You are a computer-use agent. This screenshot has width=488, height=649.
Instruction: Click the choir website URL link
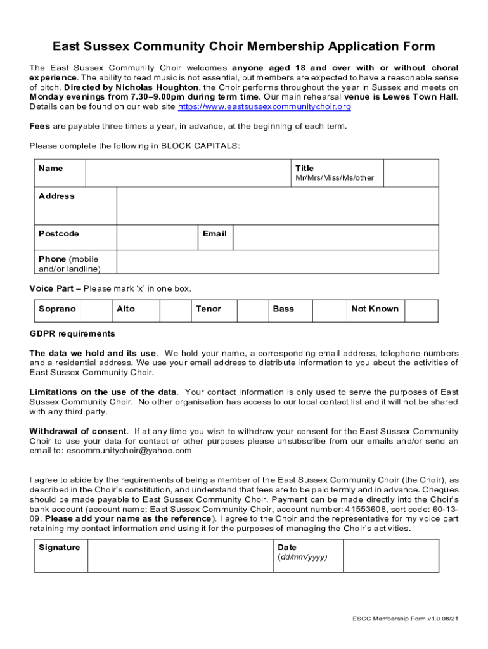264,107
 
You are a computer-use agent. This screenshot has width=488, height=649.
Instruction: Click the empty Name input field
188,173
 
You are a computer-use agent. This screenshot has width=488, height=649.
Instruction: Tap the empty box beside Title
411,173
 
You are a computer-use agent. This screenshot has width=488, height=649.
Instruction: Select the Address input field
277,206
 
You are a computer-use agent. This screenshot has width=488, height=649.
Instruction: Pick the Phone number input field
277,262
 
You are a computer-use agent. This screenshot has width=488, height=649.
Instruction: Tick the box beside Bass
328,311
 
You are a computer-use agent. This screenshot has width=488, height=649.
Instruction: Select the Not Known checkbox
421,311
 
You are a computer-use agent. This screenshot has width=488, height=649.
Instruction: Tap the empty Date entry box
390,556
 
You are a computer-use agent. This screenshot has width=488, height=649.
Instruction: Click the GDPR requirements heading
72,334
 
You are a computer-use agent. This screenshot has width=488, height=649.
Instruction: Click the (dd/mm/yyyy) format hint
302,558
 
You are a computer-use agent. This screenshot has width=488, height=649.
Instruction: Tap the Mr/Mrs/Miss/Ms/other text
335,178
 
